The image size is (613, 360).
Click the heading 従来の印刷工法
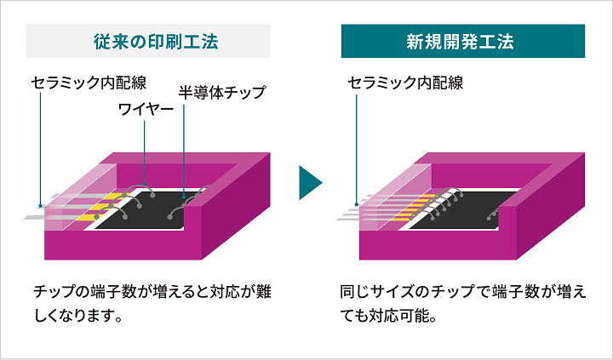pyautogui.click(x=148, y=40)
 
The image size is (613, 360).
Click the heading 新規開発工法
pyautogui.click(x=463, y=40)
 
